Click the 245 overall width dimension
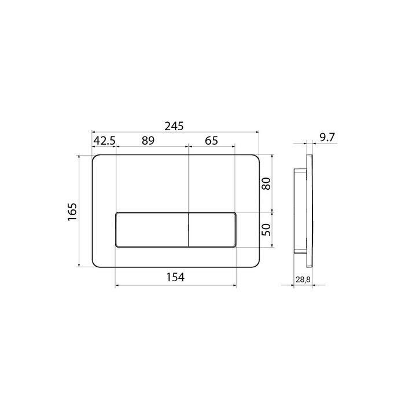pyautogui.click(x=174, y=126)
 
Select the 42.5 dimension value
pyautogui.click(x=104, y=141)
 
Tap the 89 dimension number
pyautogui.click(x=148, y=141)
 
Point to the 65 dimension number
pyautogui.click(x=212, y=141)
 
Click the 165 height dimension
pyautogui.click(x=72, y=212)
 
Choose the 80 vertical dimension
pyautogui.click(x=266, y=183)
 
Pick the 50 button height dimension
pyautogui.click(x=266, y=230)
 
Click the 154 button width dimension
pyautogui.click(x=175, y=277)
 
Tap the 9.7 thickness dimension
pyautogui.click(x=327, y=138)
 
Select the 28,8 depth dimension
pyautogui.click(x=303, y=279)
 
